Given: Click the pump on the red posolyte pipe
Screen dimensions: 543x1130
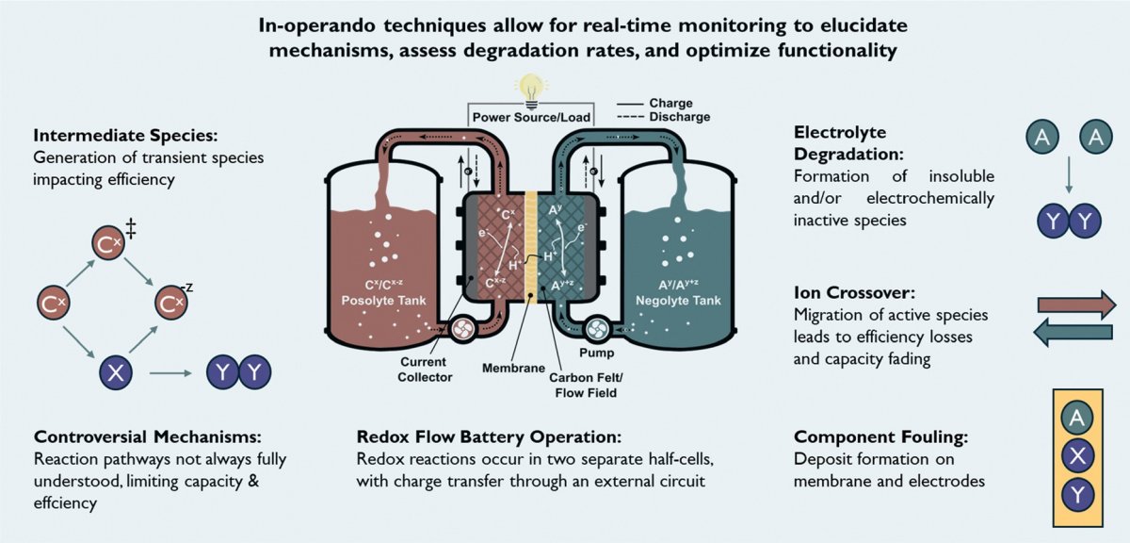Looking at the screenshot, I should point(462,329).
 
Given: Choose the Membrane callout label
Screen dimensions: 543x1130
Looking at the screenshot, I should point(514,370).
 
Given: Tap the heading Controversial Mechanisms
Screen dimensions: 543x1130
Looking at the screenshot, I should point(147,437).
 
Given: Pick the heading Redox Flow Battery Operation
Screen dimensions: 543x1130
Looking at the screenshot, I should point(489,437).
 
